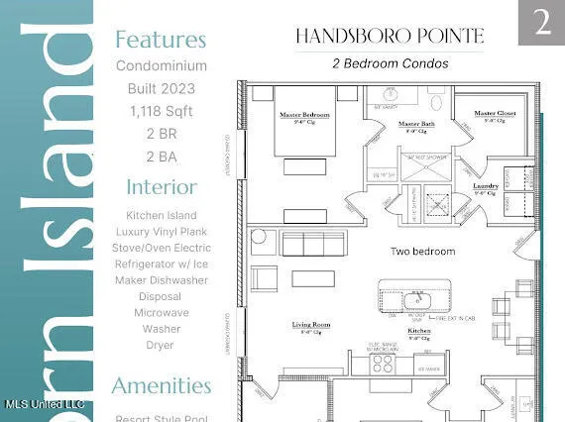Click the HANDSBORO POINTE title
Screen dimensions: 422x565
coord(389,37)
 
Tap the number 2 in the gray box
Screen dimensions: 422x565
coord(541,23)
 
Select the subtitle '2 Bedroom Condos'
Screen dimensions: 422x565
coord(390,63)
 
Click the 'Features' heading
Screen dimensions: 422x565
coord(161,40)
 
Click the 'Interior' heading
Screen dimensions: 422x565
coord(161,186)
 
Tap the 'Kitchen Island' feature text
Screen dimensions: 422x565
coord(161,215)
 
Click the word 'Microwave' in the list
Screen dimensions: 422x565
coord(161,312)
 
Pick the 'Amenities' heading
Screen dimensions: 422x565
coord(161,385)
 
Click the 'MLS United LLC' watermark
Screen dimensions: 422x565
coord(44,404)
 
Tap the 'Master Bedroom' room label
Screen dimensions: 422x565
coord(303,114)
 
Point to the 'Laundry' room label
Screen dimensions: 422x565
coord(485,185)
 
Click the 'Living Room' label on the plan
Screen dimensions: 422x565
coord(310,324)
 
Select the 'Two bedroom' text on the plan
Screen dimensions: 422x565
coord(422,252)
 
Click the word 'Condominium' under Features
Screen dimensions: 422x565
coord(161,66)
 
